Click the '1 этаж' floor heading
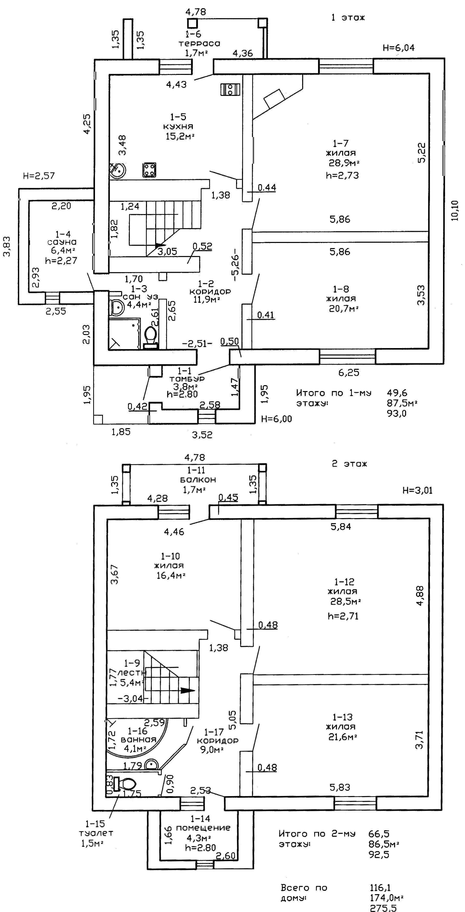pos(348,17)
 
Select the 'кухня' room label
pos(178,126)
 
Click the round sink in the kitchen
pos(117,170)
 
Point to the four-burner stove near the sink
pos(149,170)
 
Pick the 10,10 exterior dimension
pos(455,211)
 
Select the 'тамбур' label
pos(187,379)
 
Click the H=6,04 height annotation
pos(399,48)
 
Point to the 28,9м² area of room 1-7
pos(344,163)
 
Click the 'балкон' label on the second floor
pos(198,480)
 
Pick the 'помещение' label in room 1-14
pos(203,828)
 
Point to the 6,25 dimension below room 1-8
pos(349,372)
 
